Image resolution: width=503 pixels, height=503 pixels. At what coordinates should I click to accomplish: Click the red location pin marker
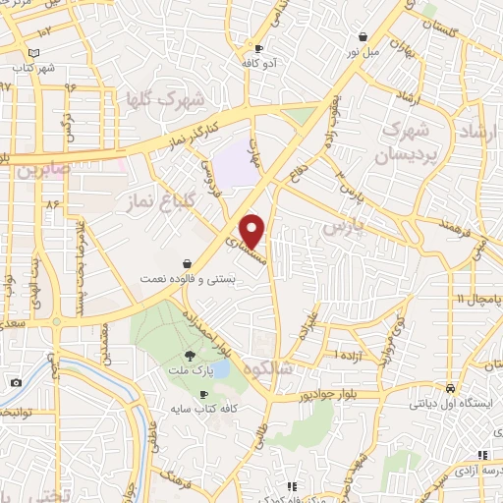coord(253,231)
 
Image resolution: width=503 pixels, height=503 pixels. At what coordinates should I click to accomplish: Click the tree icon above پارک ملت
coord(189,356)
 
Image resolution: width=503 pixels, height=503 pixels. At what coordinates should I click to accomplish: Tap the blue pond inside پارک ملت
coord(221,369)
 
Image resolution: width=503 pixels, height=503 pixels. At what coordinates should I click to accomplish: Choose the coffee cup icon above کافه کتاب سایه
coord(204,393)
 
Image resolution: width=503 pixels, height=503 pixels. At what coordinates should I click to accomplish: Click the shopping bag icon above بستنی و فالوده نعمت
coord(187,263)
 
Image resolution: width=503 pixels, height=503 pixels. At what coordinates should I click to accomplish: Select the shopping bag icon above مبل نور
coord(363,36)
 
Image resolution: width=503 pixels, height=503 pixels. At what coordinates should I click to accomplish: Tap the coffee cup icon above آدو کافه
coord(258,47)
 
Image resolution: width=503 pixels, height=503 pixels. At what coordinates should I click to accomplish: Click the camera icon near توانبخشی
coord(16,382)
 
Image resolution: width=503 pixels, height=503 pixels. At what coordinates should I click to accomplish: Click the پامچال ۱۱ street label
coord(477,298)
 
